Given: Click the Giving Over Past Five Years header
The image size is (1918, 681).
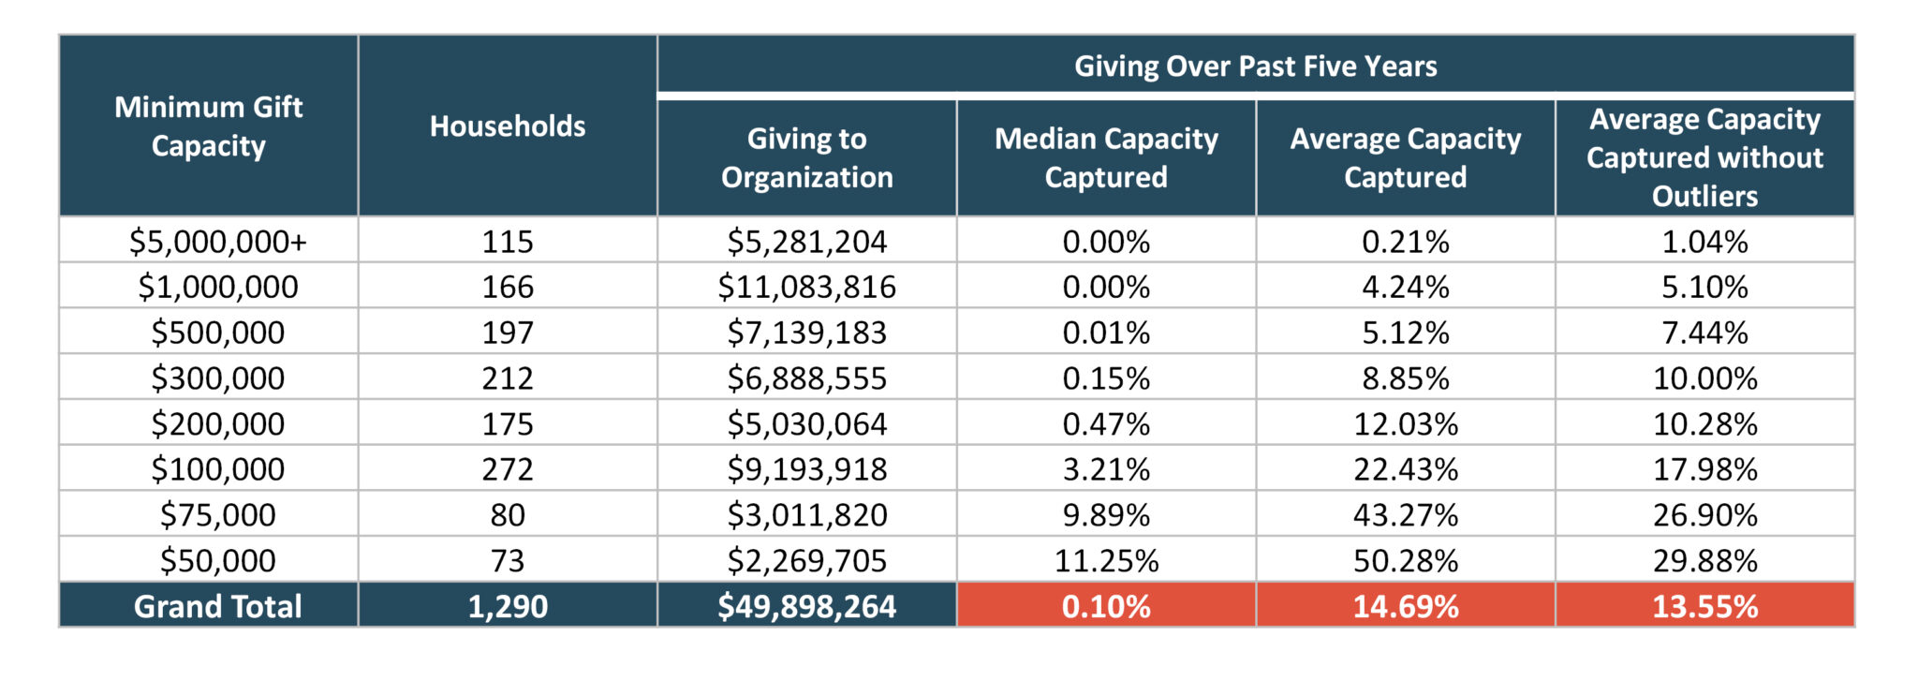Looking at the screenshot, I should [1255, 66].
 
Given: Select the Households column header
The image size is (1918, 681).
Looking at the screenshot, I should [508, 126].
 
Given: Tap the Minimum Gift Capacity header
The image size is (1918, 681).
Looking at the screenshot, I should [208, 126].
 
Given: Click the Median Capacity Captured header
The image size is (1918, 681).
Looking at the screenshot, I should [1106, 157].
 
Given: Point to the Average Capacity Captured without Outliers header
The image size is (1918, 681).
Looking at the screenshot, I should [1704, 157].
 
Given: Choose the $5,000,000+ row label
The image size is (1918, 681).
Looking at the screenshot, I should [217, 242].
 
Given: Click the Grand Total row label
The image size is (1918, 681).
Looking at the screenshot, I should [217, 606].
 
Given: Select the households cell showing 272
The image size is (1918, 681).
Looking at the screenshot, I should [508, 469].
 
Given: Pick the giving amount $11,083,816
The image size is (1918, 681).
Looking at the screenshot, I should [806, 287].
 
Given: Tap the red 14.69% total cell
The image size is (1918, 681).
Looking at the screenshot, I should [1405, 606].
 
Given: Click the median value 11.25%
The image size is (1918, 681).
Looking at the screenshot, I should [1106, 560].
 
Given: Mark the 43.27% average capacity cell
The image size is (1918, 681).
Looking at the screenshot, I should [1405, 515].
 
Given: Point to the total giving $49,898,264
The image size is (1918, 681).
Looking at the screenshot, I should [806, 606].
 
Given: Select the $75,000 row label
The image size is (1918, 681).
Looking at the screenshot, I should [217, 515].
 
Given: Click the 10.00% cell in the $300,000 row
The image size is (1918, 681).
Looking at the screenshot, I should [1704, 378].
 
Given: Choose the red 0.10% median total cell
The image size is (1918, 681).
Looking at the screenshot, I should [1106, 606].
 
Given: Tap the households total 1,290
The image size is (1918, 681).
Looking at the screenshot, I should [508, 606].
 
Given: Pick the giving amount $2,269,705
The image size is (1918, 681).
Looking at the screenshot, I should [806, 560].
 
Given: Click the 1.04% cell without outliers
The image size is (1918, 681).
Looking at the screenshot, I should [1704, 242].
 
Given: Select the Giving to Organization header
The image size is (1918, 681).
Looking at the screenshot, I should [806, 157].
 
